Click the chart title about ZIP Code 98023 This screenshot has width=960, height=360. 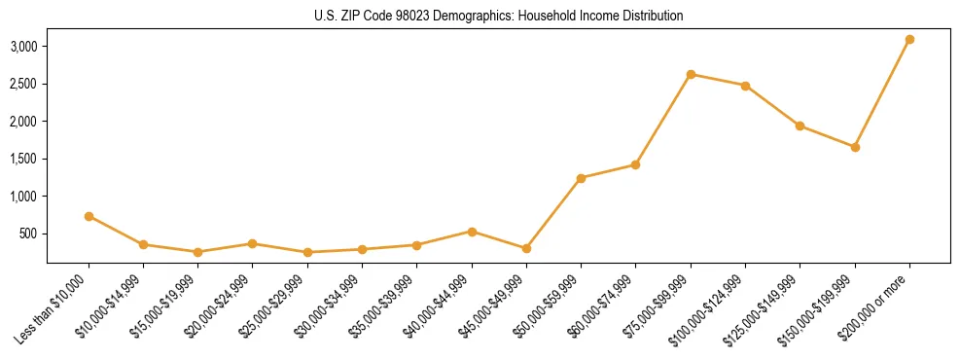coord(499,17)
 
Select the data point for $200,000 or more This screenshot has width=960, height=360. coord(909,40)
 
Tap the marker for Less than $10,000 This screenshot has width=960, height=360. coord(89,216)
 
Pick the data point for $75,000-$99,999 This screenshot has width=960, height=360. coord(691,74)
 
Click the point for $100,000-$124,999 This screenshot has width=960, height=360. coord(745,86)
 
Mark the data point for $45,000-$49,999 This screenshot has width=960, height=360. coord(526,248)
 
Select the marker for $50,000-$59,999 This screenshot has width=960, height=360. coord(581,178)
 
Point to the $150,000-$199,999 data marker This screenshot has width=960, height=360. coord(855,147)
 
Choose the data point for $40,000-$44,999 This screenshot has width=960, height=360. coord(472,232)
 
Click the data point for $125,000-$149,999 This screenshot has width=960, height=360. coord(800,126)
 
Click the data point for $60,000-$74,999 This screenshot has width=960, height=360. coord(635,164)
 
